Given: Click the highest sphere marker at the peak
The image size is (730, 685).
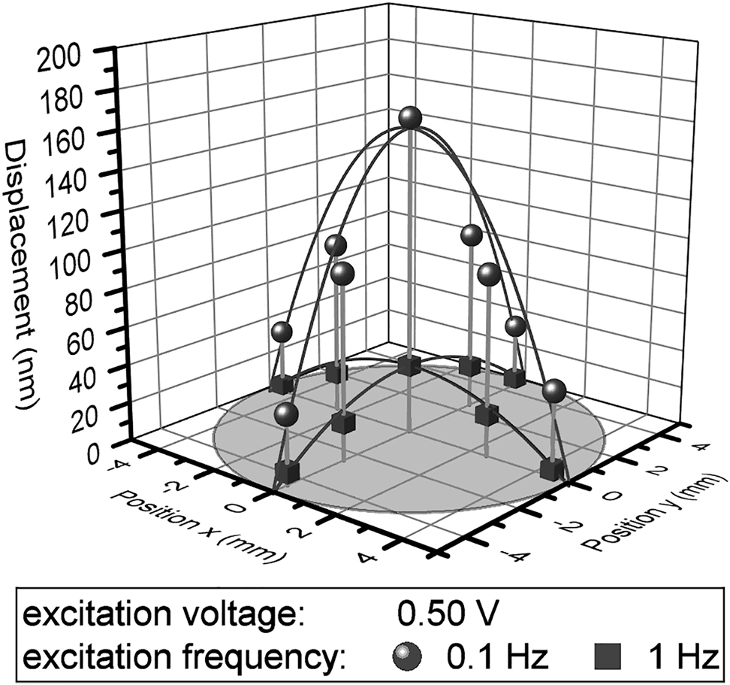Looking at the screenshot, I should coord(410,118).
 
